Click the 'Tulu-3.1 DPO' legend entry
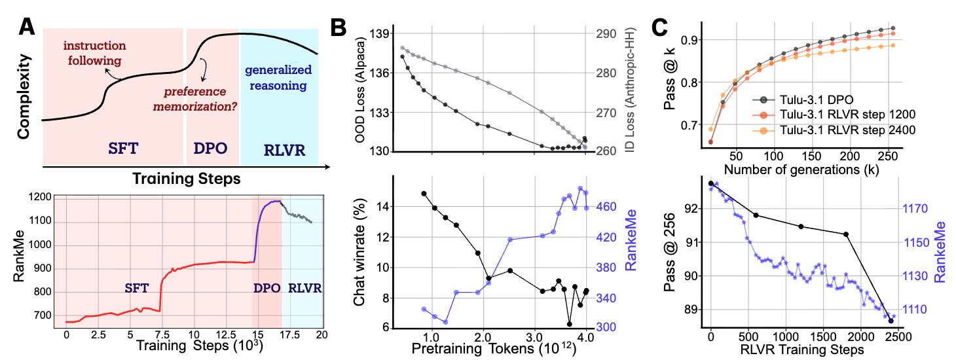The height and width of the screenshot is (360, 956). coord(811,99)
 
